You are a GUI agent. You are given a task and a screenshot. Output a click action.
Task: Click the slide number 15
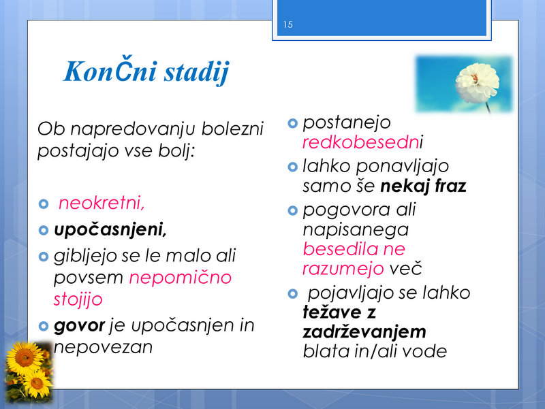pos(287,24)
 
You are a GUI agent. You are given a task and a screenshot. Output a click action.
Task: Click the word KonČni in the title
pos(110,71)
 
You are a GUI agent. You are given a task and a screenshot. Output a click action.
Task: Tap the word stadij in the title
pos(197,73)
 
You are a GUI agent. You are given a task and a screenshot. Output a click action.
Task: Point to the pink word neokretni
pos(101,203)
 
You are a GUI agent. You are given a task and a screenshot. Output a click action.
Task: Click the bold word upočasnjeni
pos(110,230)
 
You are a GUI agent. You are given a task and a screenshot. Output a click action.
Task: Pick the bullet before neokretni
pos(44,203)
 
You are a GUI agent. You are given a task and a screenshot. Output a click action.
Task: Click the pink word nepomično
pos(181,278)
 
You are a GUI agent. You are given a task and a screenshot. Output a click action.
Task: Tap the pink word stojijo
pos(78,299)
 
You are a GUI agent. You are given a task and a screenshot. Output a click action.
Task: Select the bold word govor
pos(79,326)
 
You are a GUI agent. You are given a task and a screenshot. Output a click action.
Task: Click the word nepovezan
pos(104,347)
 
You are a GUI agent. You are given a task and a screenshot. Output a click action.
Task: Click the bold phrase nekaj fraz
pos(423,186)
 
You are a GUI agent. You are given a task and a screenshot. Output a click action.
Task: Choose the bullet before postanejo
pos(293,123)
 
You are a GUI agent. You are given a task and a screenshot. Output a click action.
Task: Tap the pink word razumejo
pos(343,269)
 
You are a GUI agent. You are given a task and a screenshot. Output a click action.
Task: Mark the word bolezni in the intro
pos(232,129)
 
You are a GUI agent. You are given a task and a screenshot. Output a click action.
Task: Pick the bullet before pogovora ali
pos(293,210)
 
